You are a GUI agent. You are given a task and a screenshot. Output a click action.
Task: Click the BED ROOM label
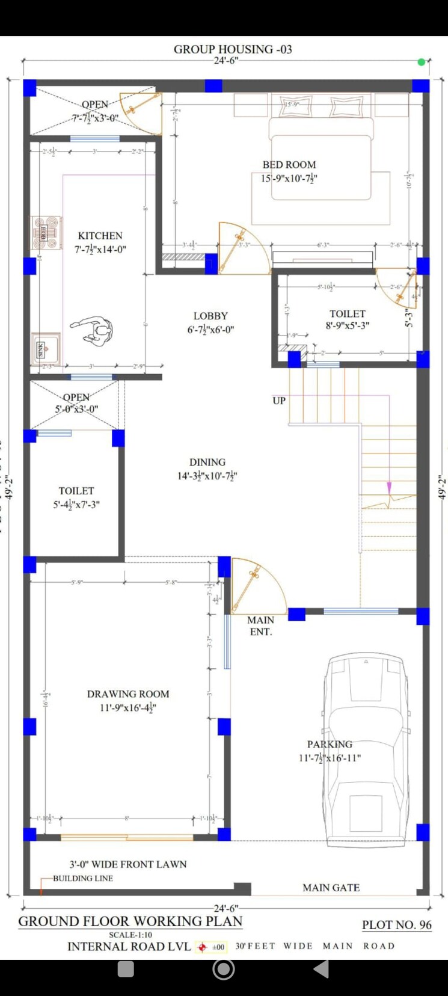point(289,165)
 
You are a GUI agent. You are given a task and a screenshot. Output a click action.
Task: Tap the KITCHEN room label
point(100,236)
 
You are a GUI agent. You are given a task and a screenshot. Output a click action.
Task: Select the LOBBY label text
point(210,316)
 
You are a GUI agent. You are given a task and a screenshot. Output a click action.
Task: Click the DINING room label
point(207,462)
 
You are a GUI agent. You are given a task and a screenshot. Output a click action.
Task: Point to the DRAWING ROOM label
point(128,694)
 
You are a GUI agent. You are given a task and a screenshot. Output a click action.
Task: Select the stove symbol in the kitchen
point(46,233)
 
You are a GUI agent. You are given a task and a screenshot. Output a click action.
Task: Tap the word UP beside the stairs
point(279,401)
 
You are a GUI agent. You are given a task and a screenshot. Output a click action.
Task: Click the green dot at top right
point(422,62)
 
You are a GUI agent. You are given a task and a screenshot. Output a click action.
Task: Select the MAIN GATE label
point(331,887)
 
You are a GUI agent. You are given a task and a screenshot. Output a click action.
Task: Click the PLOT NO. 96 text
point(396,925)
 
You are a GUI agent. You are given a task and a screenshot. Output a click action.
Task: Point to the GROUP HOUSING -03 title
point(233,49)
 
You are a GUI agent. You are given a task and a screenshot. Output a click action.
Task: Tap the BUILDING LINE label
point(83,878)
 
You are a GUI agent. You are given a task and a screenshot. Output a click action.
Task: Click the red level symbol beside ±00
point(202,947)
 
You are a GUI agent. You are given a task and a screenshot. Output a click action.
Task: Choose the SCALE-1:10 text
point(130,935)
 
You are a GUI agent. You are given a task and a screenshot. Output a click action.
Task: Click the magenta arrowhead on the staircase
point(390,487)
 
